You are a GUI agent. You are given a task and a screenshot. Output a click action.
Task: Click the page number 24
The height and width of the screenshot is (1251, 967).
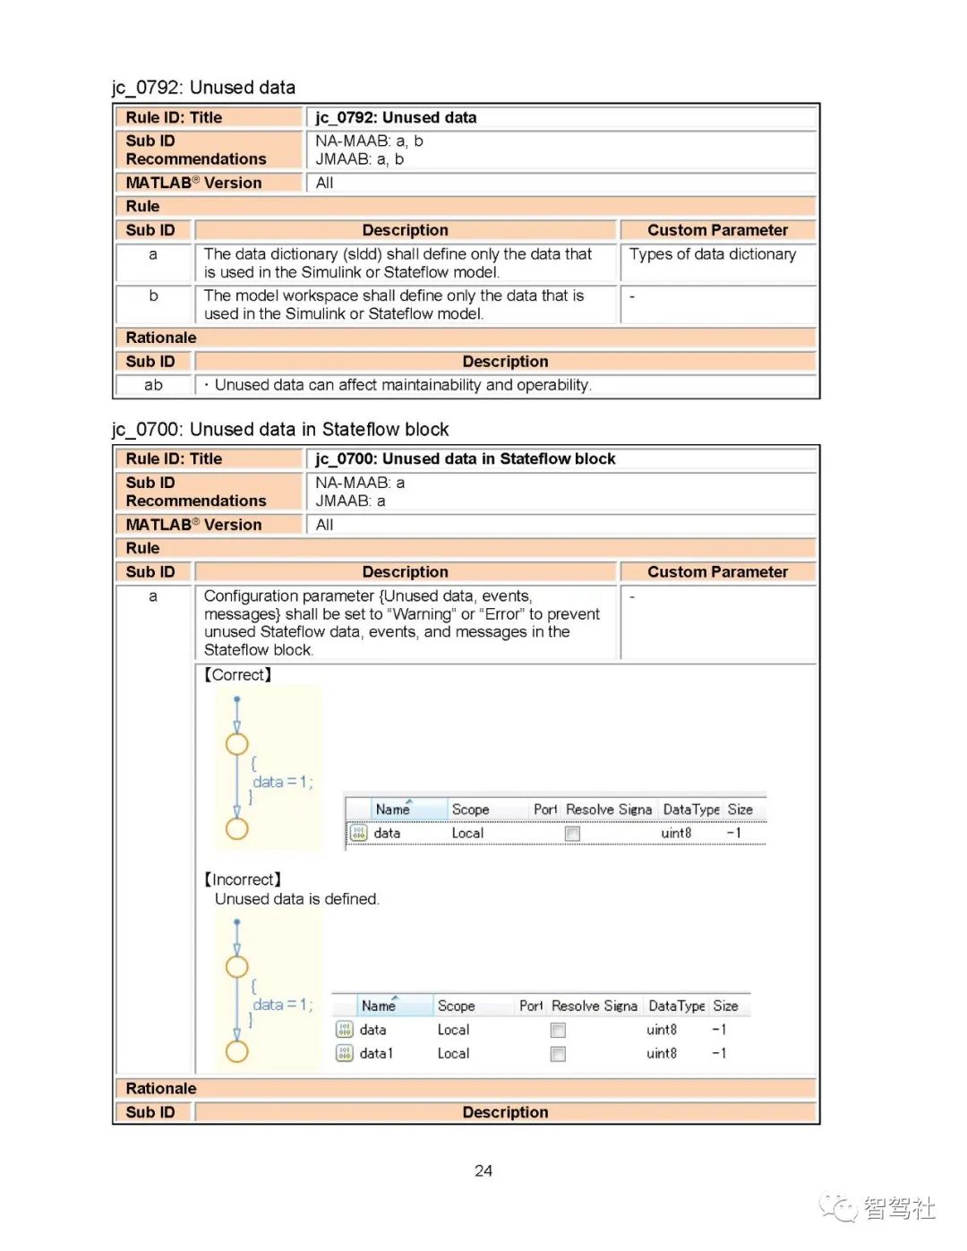[x=483, y=1170]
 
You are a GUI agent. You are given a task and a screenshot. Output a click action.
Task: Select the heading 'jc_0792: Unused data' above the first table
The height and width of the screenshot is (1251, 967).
[x=203, y=88]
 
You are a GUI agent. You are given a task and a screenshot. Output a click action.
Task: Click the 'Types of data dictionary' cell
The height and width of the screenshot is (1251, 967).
[x=712, y=254]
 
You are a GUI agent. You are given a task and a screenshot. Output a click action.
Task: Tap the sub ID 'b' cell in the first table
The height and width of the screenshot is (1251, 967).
[x=153, y=296]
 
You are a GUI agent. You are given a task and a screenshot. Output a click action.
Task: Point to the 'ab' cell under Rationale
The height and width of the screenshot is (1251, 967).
[x=153, y=385]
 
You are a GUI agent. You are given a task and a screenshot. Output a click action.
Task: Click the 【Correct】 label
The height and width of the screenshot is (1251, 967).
[x=238, y=675]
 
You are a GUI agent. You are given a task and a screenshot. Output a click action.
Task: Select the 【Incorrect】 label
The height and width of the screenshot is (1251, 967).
[x=243, y=879]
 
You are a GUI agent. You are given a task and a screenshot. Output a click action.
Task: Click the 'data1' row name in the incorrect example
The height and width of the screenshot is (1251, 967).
[x=376, y=1054]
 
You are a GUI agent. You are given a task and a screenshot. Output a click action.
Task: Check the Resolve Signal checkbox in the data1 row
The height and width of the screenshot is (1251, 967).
[x=558, y=1054]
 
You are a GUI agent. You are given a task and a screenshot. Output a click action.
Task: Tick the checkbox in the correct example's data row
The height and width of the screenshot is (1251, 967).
[x=572, y=834]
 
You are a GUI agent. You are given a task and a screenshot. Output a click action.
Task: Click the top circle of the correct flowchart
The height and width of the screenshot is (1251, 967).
[x=236, y=744]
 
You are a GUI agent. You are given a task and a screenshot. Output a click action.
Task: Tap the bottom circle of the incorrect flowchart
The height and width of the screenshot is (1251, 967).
[x=236, y=1050]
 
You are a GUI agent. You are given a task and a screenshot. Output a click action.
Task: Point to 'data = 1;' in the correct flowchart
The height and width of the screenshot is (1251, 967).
[x=283, y=782]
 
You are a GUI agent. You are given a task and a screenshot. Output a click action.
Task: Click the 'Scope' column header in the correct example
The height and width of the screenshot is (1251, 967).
[x=470, y=810]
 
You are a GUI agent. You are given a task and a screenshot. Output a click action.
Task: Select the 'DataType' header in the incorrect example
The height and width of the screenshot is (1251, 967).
[x=676, y=1007]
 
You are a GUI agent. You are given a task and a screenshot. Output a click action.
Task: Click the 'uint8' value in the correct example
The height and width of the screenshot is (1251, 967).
[x=676, y=833]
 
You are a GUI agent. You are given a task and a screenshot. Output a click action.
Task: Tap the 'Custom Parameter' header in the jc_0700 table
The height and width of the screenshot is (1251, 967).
[x=717, y=572]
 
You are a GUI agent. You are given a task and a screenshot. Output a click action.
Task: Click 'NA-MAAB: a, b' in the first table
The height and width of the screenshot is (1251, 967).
[x=369, y=141]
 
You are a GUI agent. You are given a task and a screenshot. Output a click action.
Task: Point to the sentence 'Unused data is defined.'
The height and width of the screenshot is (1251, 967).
[x=297, y=899]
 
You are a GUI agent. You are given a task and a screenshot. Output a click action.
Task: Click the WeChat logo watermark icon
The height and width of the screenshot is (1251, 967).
[x=839, y=1207]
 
